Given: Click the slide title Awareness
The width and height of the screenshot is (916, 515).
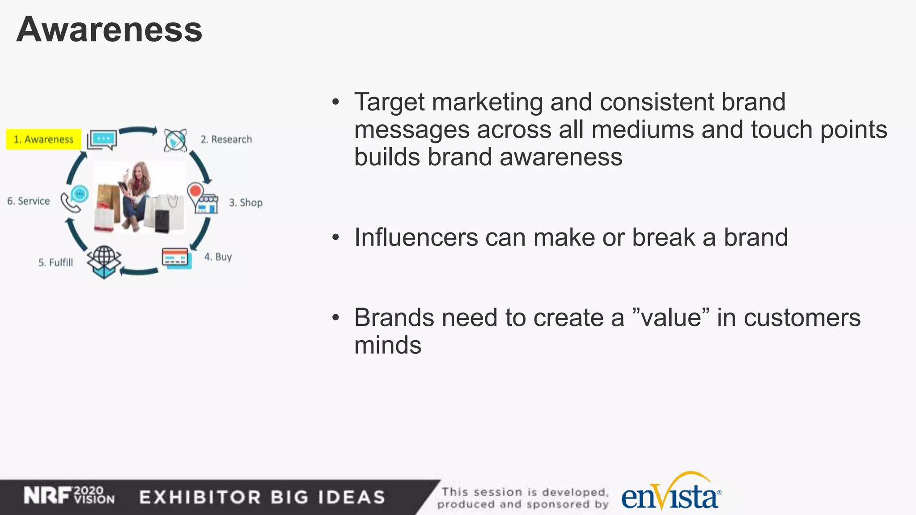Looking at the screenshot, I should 109,30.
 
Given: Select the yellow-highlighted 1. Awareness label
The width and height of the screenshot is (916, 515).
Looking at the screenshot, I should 43,139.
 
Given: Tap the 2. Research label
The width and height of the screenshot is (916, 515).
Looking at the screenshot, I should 226,139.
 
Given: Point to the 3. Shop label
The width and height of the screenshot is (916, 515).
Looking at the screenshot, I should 246,203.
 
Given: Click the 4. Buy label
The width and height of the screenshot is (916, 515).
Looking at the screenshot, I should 218,257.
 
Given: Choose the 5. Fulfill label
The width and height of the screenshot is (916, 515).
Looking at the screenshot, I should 55,262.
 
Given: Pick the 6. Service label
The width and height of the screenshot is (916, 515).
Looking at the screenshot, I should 29,201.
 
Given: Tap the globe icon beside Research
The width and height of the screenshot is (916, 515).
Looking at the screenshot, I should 175,140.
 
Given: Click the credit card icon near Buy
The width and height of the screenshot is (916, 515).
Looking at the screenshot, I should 176,258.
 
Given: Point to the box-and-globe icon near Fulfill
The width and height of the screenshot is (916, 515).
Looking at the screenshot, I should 104,262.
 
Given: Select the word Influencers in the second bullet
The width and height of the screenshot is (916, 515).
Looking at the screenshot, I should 416,237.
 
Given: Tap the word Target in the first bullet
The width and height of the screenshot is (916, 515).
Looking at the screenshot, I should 389,102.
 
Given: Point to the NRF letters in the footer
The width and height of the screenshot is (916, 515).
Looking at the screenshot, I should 47,496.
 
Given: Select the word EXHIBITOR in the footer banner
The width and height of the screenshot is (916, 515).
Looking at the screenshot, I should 199,497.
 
